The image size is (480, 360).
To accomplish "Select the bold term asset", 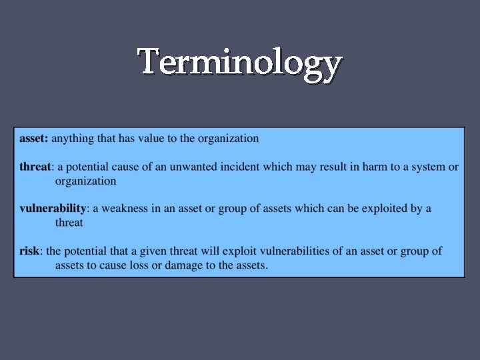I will click(x=33, y=139).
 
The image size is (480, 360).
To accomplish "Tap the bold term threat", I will click(x=35, y=167).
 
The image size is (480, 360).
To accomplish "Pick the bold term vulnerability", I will click(x=53, y=209).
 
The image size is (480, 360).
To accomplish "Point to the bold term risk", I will click(x=29, y=251).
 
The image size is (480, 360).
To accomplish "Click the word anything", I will click(x=73, y=139).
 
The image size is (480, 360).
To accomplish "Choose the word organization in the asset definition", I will click(x=227, y=139).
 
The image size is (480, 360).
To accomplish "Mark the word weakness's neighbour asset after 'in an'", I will click(x=191, y=209).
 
